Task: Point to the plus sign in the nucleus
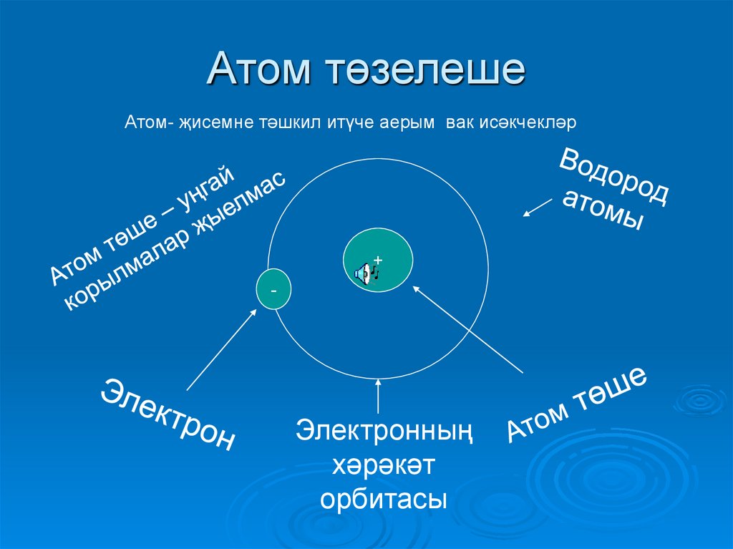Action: pos(378,259)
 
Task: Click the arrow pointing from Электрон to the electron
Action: pos(221,349)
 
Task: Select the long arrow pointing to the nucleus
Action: pos(469,329)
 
